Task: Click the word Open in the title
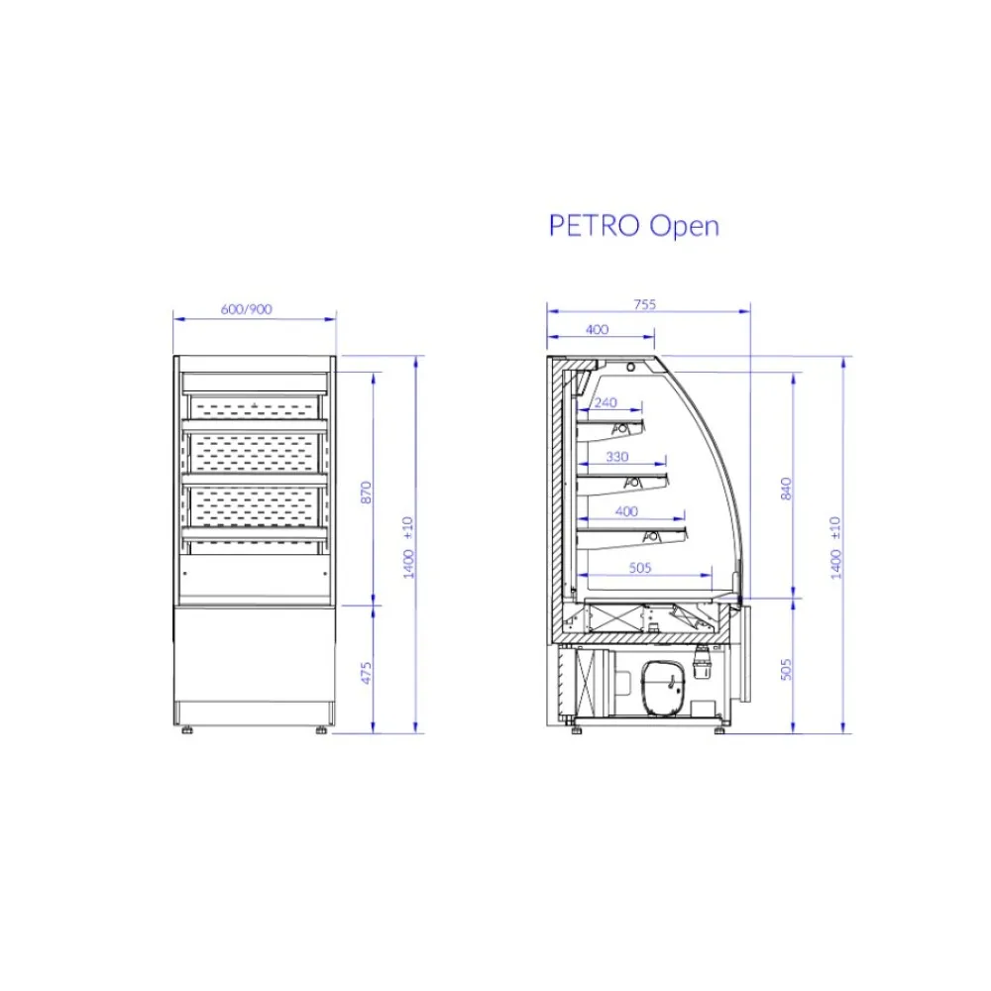(x=684, y=227)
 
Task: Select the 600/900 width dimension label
(x=247, y=309)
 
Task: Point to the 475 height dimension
(x=366, y=672)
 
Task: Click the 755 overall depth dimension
(x=645, y=305)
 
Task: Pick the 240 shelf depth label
(x=605, y=402)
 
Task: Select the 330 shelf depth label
(x=616, y=457)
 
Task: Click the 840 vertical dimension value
(x=786, y=488)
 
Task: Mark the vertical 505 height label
(x=786, y=670)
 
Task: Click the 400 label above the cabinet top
(x=597, y=330)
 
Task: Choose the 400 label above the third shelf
(x=626, y=511)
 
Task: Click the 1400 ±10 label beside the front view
(x=408, y=547)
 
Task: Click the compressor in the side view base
(x=662, y=686)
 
